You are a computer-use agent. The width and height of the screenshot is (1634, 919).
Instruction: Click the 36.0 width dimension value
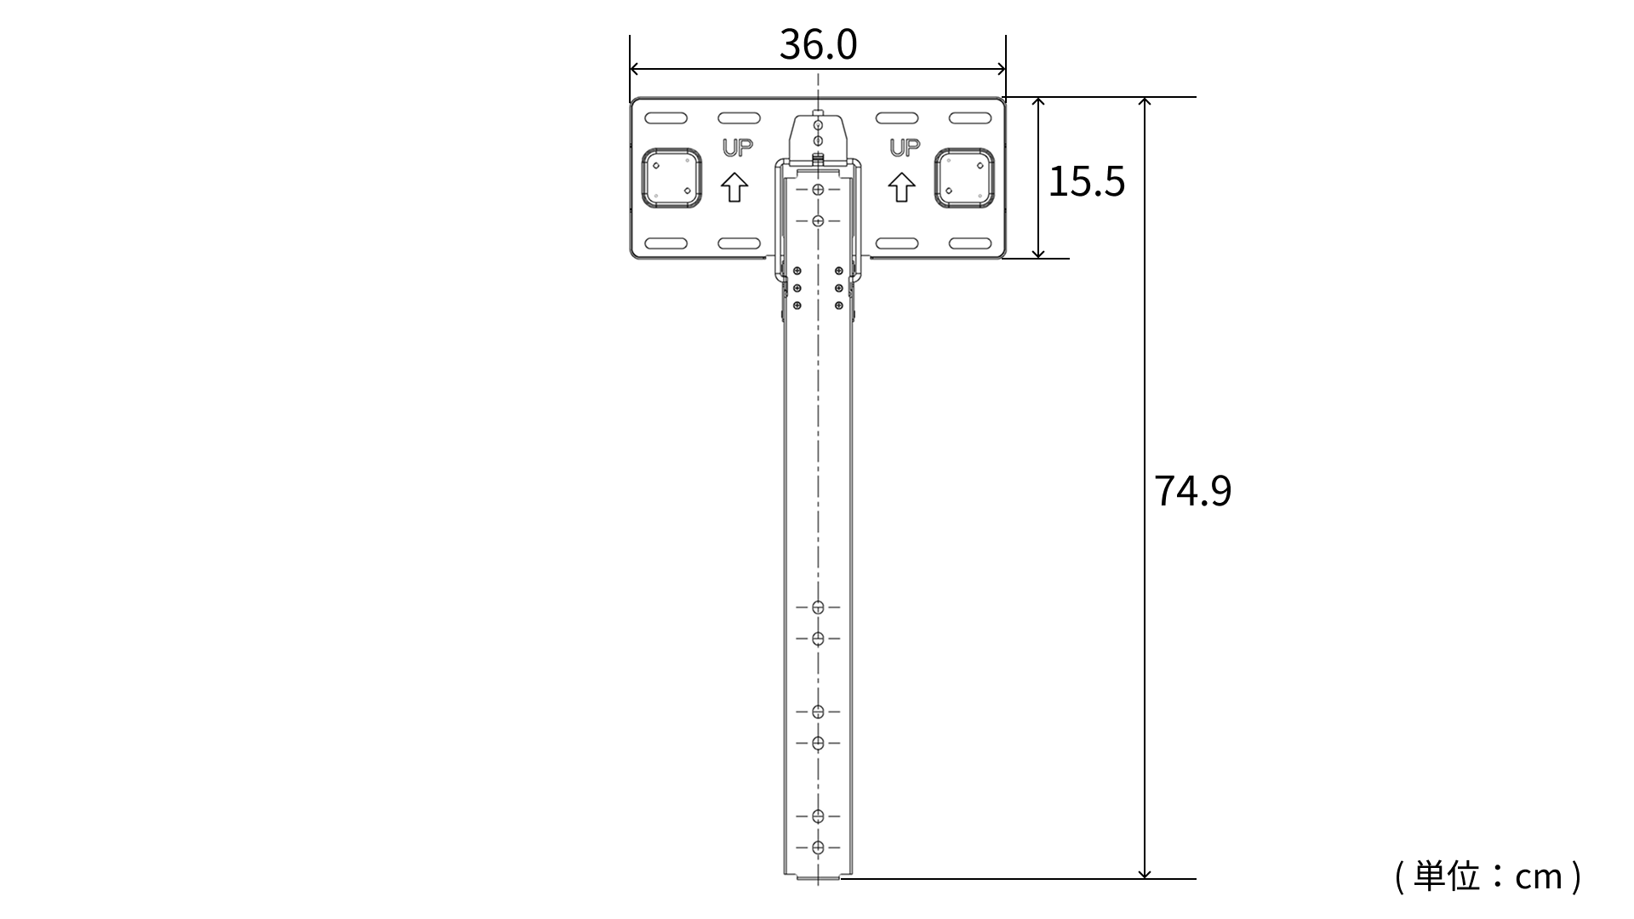pos(818,45)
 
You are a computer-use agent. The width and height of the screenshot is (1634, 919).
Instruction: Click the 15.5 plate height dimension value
pos(1086,181)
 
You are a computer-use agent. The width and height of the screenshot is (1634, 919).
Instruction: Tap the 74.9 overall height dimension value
pos(1192,491)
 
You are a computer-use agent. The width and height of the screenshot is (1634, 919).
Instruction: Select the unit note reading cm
pos(1488,876)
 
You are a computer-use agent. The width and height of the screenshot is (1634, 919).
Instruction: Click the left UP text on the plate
pos(738,148)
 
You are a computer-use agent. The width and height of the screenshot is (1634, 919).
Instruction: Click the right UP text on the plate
pos(905,148)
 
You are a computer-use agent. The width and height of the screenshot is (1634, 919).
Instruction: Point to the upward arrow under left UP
pos(735,187)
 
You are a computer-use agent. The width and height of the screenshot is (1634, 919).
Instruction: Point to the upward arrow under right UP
pos(901,187)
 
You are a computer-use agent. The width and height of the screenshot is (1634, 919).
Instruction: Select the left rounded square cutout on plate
pos(671,178)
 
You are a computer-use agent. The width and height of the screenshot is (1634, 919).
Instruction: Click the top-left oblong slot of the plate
pos(666,118)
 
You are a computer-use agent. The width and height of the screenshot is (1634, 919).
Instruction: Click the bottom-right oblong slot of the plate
pos(970,243)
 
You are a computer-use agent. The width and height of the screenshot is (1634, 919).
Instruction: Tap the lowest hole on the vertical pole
pos(818,848)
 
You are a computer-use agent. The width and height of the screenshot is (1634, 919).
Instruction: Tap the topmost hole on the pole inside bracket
pos(818,189)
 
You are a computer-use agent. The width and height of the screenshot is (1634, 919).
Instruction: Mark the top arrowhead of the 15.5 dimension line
pos(1038,104)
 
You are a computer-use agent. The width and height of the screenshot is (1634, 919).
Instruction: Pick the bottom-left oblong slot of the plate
pos(666,243)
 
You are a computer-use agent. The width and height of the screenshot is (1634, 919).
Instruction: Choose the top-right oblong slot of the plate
pos(970,118)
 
